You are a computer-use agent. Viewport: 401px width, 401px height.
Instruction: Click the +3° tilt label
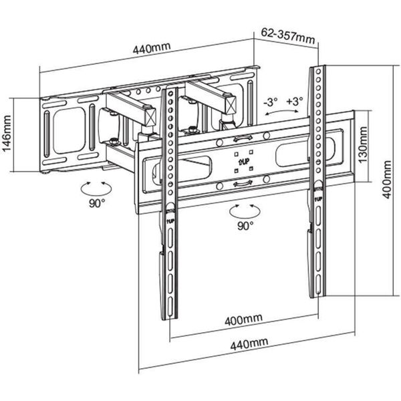tap(294, 102)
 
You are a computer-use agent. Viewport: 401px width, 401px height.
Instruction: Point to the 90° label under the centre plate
tap(245, 225)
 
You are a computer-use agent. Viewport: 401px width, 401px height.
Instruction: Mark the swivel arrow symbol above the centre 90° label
tap(243, 210)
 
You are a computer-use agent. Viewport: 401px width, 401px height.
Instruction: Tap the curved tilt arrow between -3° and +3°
tap(277, 114)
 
